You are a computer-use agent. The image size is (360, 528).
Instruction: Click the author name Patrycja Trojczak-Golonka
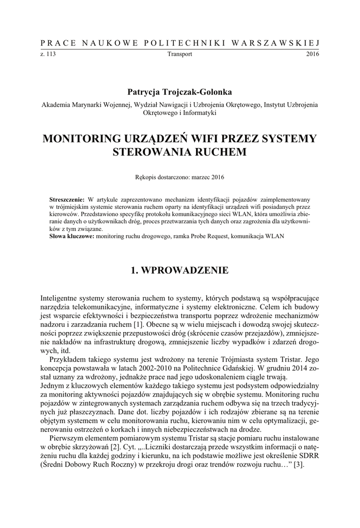pyautogui.click(x=179, y=92)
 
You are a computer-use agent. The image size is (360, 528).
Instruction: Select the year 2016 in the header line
pyautogui.click(x=313, y=54)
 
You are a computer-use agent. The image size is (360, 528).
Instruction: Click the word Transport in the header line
pyautogui.click(x=179, y=54)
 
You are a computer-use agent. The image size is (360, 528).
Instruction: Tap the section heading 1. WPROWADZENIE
pyautogui.click(x=179, y=270)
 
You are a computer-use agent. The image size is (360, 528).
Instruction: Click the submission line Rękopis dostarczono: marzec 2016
pyautogui.click(x=179, y=177)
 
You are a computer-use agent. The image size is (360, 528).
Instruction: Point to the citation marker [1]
pyautogui.click(x=138, y=325)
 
